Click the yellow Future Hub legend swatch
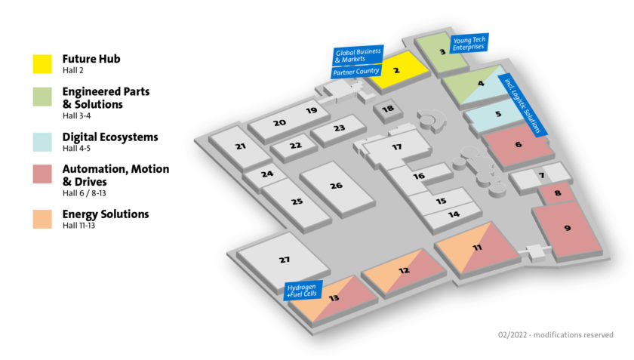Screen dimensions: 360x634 click(44, 63)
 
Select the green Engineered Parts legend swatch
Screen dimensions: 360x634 click(44, 95)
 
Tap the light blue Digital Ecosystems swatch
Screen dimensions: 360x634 click(44, 141)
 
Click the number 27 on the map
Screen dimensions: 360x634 click(284, 260)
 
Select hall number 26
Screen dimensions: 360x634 click(336, 186)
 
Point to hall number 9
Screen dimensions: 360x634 click(567, 228)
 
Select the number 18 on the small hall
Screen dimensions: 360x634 click(388, 109)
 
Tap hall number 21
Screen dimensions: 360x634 click(241, 146)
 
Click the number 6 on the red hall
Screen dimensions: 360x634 click(518, 144)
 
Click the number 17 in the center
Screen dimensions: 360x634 click(396, 147)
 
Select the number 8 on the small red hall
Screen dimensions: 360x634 click(557, 194)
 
